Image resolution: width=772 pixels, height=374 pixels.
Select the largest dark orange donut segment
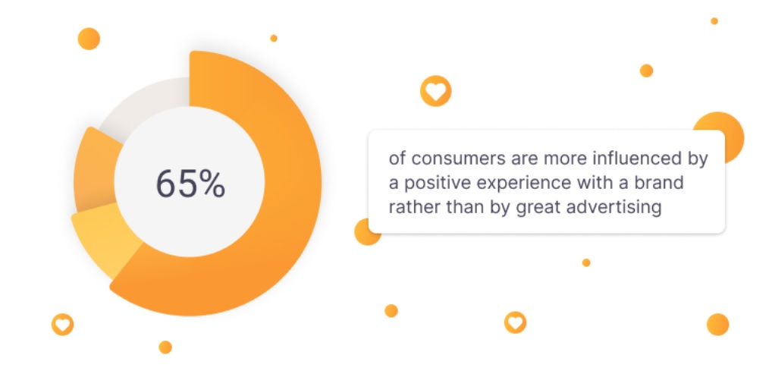pyautogui.click(x=281, y=197)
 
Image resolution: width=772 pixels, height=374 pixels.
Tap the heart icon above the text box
pyautogui.click(x=435, y=91)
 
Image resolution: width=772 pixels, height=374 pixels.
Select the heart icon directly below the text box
pyautogui.click(x=515, y=322)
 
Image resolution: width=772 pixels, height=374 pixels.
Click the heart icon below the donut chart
pyautogui.click(x=62, y=324)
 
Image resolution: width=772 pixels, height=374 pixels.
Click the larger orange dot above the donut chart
pyautogui.click(x=89, y=38)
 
